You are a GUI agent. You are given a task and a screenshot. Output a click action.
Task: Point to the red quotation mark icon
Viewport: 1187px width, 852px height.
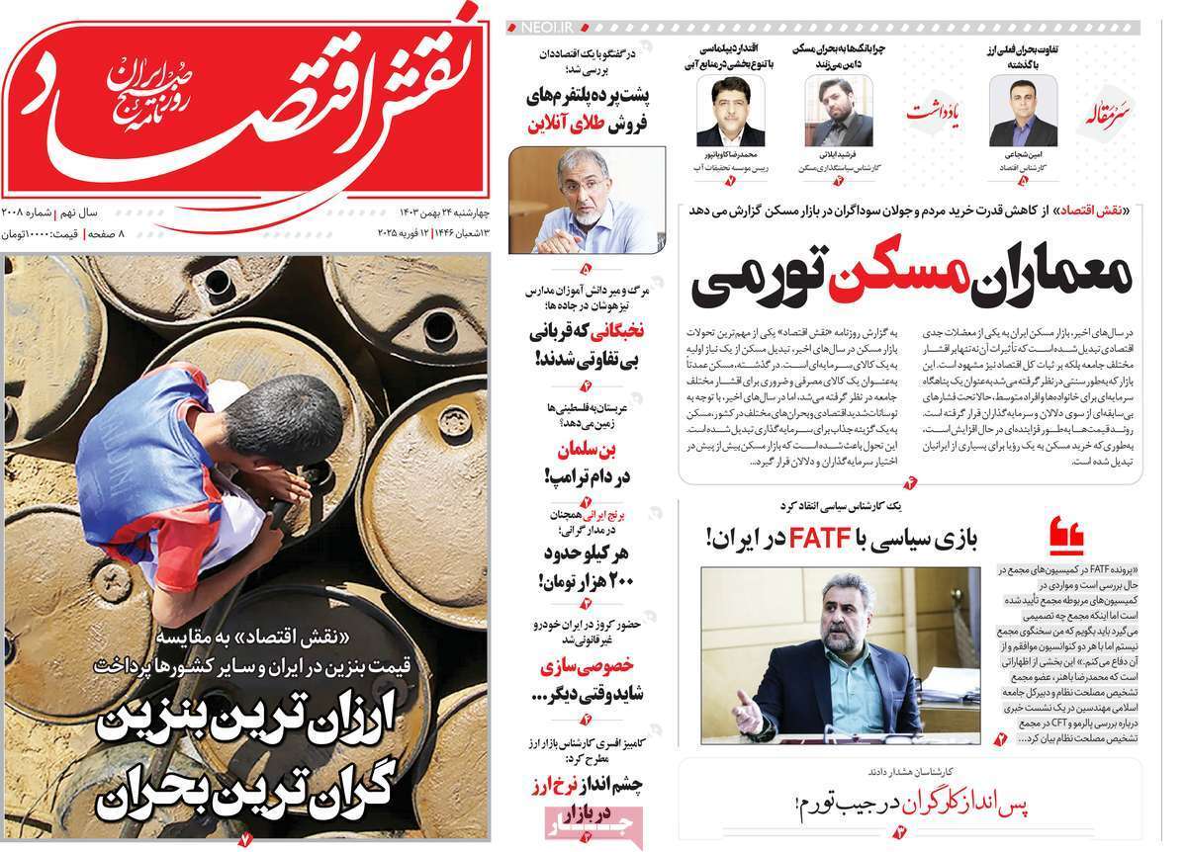[x=1068, y=536]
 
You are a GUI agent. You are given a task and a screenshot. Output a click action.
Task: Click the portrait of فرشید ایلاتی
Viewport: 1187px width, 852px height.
[x=838, y=112]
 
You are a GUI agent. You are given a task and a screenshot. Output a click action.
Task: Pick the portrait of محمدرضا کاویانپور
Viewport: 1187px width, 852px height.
[x=730, y=112]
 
